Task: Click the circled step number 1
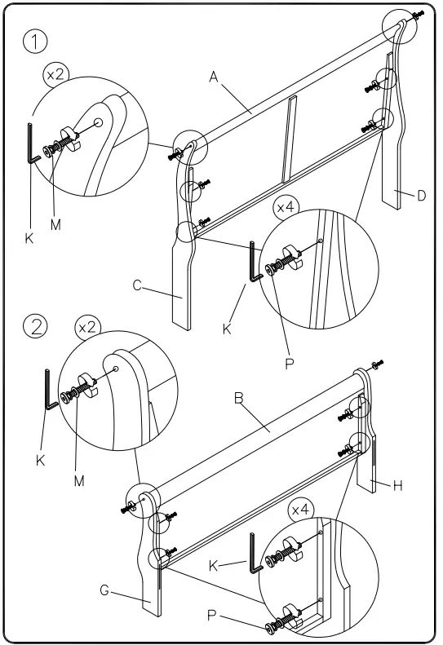(35, 41)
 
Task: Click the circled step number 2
(35, 326)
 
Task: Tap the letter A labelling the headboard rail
(214, 77)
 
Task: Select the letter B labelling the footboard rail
(240, 398)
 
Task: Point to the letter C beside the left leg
(138, 285)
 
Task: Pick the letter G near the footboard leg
(104, 590)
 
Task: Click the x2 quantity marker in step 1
(56, 74)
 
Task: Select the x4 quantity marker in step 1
(286, 208)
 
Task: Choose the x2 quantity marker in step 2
(86, 327)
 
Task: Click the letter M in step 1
(55, 224)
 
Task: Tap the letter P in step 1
(289, 364)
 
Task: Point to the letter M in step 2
(79, 480)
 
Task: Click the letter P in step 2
(212, 616)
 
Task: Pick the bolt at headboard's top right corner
(417, 15)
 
